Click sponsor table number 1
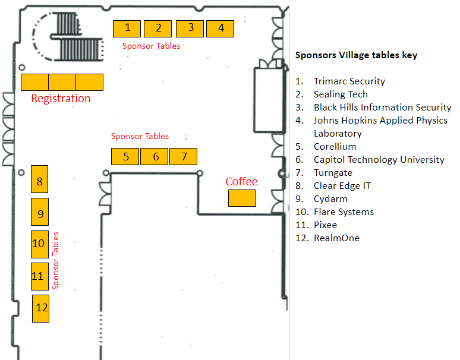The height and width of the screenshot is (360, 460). click(127, 29)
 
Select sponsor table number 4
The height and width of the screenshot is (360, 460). click(220, 29)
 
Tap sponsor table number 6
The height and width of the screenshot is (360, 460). click(155, 157)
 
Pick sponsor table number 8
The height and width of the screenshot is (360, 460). click(40, 179)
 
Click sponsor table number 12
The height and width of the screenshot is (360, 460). click(40, 308)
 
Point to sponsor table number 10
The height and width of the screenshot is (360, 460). click(40, 244)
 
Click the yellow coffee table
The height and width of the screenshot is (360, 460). click(242, 198)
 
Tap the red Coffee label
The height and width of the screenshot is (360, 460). click(241, 181)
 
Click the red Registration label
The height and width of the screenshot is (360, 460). click(61, 99)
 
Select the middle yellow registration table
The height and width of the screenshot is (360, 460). click(62, 83)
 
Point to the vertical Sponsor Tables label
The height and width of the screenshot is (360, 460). click(55, 261)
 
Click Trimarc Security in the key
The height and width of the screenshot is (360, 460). click(349, 81)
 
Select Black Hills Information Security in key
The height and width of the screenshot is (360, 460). click(382, 108)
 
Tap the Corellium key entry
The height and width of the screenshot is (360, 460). click(335, 146)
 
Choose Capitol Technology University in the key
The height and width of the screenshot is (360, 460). click(379, 160)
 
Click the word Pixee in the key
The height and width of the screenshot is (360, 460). click(325, 225)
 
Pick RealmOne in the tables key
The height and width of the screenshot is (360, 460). click(336, 238)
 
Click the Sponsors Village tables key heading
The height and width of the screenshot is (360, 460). click(356, 55)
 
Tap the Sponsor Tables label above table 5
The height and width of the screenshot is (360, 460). click(140, 136)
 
